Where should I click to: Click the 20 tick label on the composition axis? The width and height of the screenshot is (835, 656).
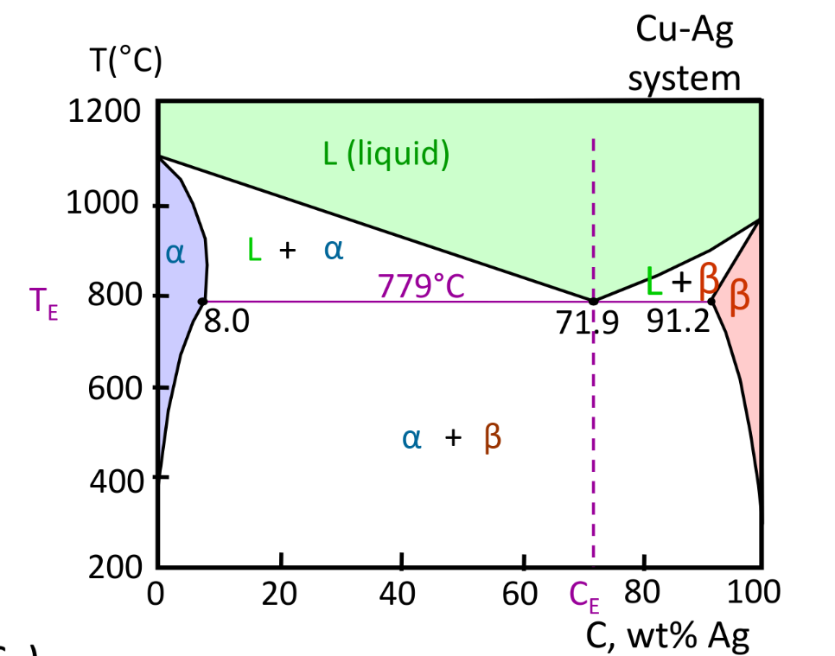(279, 594)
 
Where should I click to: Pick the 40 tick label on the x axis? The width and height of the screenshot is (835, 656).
(401, 594)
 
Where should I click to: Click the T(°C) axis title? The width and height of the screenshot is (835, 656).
(124, 64)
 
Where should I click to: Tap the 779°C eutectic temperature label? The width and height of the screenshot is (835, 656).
(421, 286)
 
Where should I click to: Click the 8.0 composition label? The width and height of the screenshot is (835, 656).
(226, 322)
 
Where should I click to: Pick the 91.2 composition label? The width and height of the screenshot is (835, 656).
(679, 322)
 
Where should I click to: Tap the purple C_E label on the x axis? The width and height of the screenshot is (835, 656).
(584, 595)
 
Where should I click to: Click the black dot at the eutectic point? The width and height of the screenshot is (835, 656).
(593, 302)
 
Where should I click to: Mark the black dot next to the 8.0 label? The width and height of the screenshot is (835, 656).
(202, 302)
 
